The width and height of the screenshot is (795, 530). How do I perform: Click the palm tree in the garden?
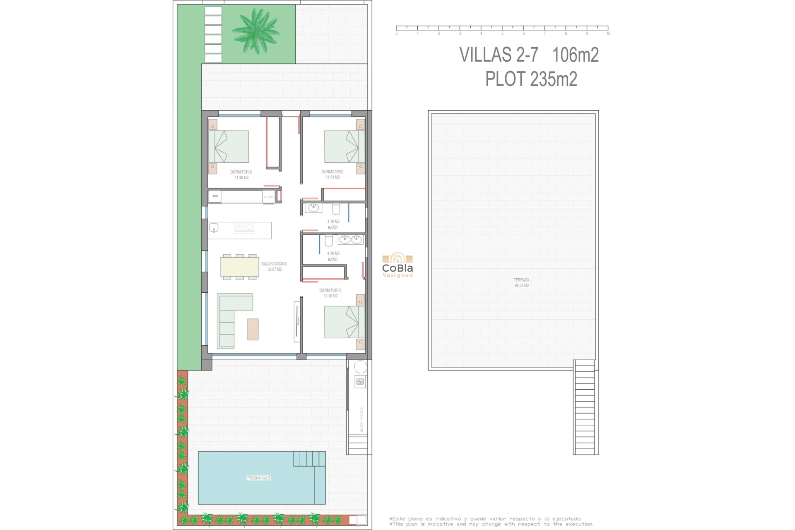tap(256, 31)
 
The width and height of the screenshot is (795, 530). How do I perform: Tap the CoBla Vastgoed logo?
tap(397, 265)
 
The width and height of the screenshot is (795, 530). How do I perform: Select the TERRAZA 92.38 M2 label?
tap(521, 283)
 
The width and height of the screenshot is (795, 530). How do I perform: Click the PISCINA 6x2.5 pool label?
tap(258, 478)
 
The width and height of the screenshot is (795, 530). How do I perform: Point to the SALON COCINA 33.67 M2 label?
tap(274, 267)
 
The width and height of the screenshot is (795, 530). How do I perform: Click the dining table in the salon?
tap(240, 267)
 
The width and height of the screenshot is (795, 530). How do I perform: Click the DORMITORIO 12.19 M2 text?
tap(330, 293)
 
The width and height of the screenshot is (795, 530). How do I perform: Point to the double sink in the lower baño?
tap(350, 239)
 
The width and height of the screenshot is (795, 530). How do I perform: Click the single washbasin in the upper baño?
tap(313, 207)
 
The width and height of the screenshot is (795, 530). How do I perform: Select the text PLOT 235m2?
tap(531, 79)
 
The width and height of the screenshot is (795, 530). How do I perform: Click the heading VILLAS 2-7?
tap(499, 55)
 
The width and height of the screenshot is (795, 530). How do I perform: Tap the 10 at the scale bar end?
tap(608, 34)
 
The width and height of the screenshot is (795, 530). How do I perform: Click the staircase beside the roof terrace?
tap(585, 408)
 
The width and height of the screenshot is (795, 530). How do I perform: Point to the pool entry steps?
tap(309, 459)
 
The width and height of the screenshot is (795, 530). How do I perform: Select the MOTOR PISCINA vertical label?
tap(361, 420)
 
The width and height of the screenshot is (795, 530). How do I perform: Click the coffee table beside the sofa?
tap(253, 329)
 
